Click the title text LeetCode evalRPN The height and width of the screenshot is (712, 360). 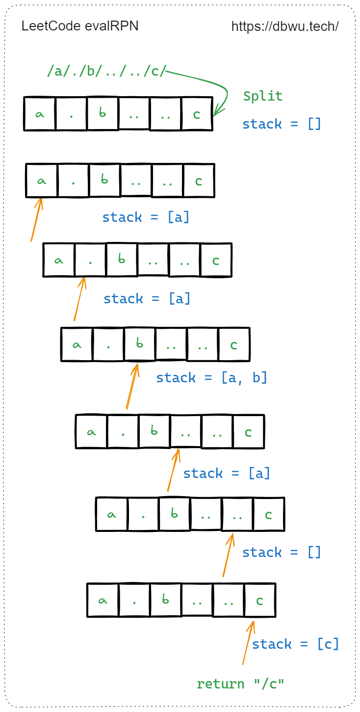coord(80,26)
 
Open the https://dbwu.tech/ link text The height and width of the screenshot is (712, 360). coord(285,26)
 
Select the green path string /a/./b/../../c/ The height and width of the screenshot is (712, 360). coord(107,72)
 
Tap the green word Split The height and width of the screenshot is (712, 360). coord(263,96)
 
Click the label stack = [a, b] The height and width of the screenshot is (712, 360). coord(211,378)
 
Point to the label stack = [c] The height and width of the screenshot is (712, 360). coord(295,644)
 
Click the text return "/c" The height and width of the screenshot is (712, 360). coord(240,684)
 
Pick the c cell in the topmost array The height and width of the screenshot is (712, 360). coord(197,114)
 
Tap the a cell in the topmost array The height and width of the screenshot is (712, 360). coord(40,114)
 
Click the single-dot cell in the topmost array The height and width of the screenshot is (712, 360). coord(71,114)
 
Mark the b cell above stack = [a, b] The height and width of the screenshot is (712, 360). coord(139,344)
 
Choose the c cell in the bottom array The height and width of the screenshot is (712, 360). coord(259,600)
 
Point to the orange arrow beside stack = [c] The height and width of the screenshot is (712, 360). coord(248,643)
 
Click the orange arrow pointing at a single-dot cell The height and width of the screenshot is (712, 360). coord(79,299)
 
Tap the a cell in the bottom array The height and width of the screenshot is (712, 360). coord(103,600)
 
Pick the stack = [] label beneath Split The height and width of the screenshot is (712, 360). coord(282,124)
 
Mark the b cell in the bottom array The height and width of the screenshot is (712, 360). coord(165,600)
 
